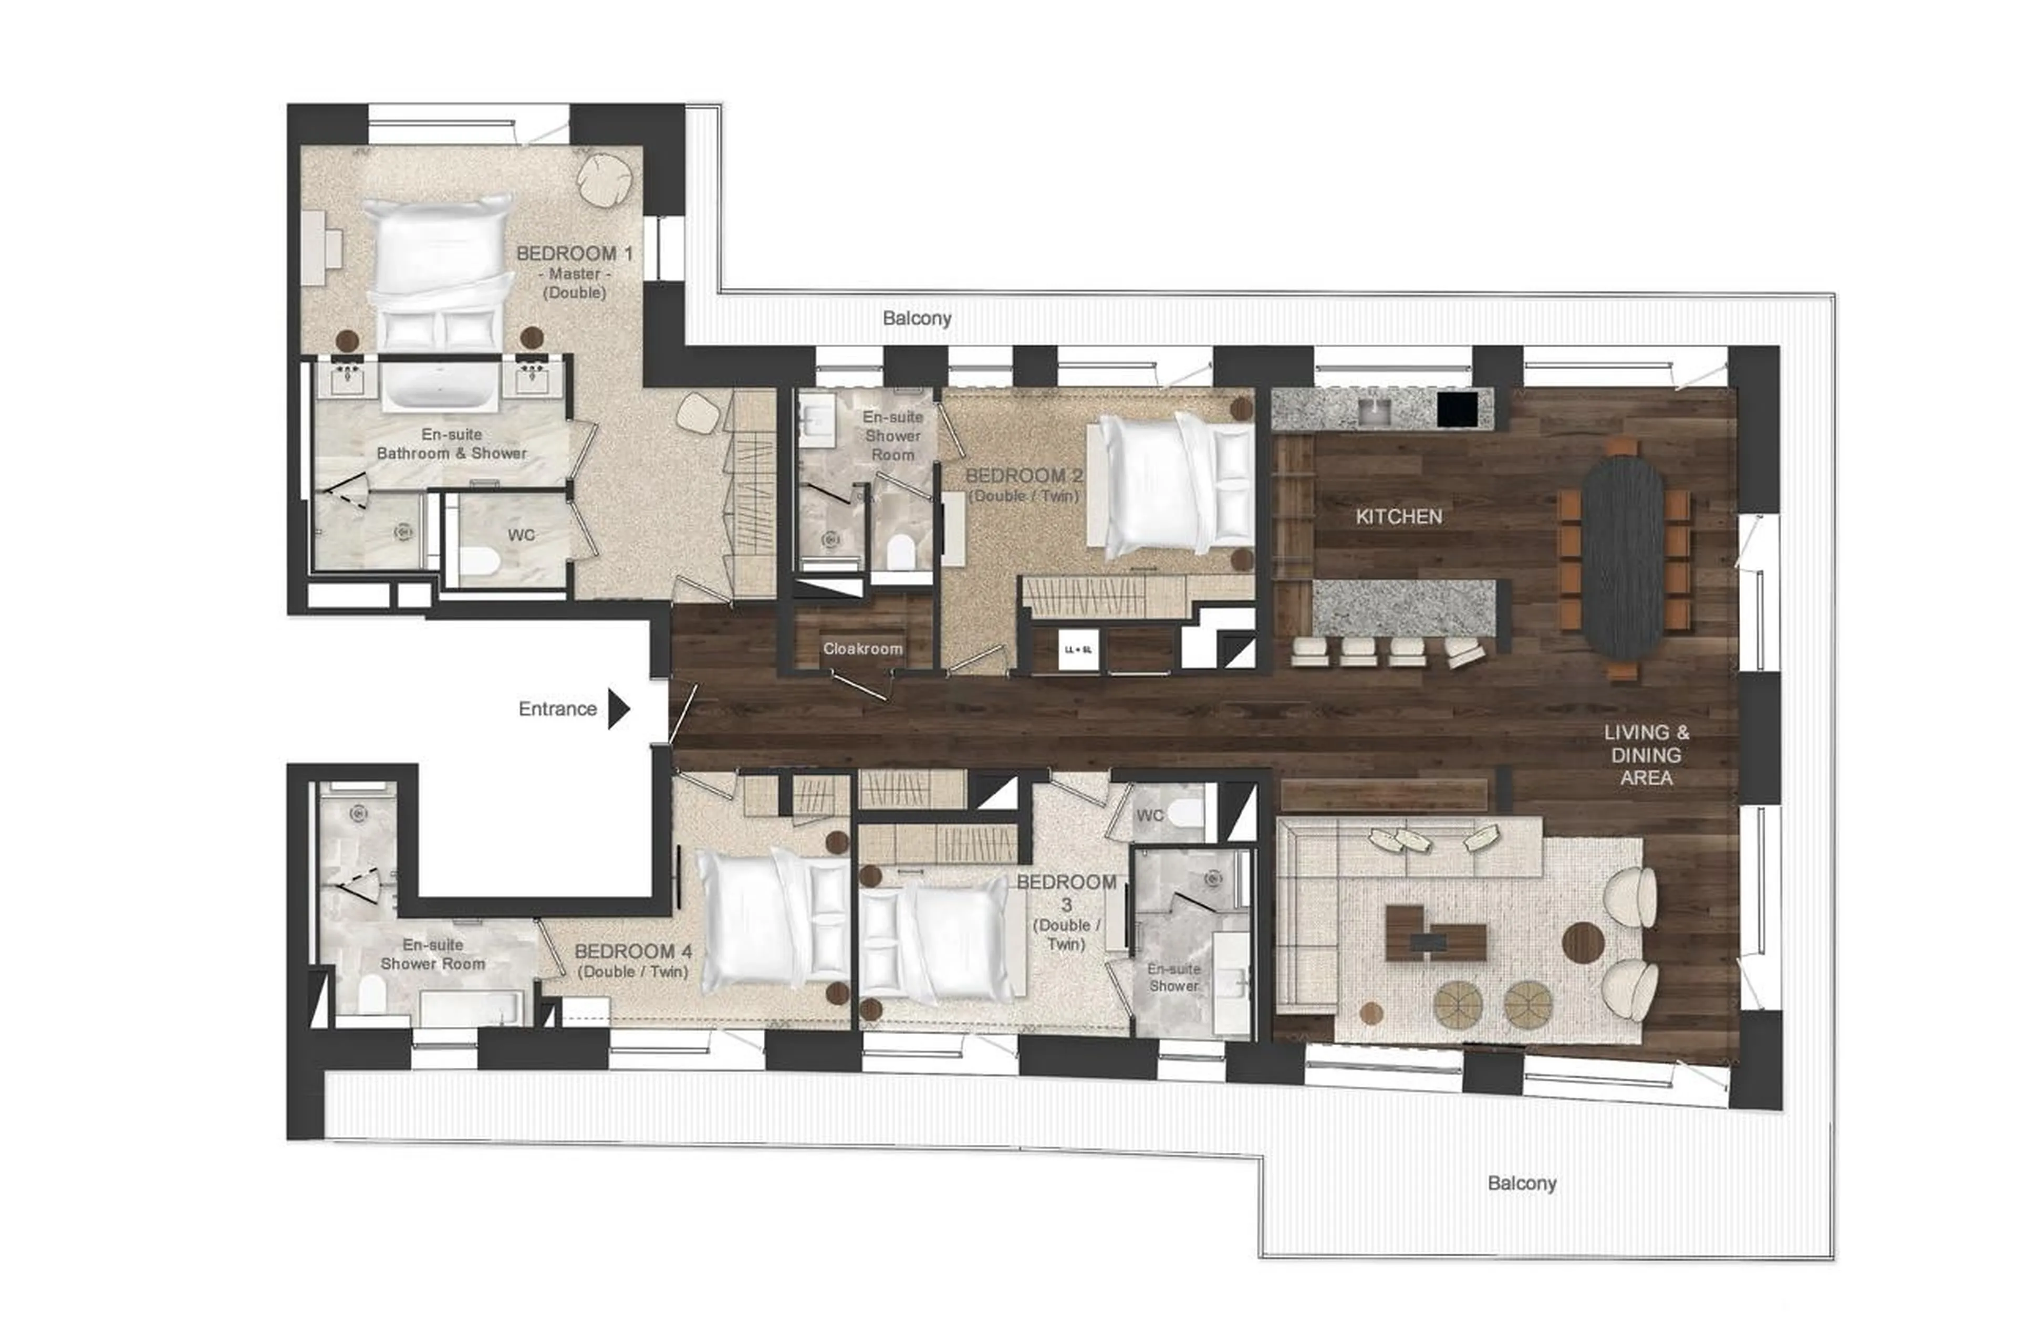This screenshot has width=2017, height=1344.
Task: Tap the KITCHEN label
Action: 1398,516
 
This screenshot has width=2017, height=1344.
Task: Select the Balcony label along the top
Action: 917,318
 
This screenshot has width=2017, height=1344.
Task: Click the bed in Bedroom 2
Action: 1170,485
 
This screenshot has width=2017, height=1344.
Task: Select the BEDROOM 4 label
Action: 632,952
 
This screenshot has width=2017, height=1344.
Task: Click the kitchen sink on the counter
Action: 1377,409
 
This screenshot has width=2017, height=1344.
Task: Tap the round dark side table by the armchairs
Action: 1583,942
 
